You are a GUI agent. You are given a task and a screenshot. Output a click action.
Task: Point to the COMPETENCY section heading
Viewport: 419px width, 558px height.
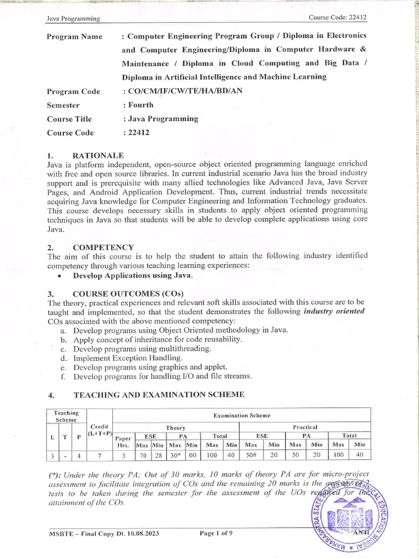[104, 247]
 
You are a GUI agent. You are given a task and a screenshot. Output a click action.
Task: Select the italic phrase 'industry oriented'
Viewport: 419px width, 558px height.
[334, 311]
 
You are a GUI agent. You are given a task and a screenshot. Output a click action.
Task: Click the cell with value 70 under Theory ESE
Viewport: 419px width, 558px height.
[142, 456]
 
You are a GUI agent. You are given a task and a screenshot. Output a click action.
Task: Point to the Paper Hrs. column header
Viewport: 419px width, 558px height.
[123, 440]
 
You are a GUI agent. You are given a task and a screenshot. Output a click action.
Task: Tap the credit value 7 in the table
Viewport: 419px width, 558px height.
[99, 456]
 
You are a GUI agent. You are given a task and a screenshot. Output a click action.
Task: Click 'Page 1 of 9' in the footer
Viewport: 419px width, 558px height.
[216, 533]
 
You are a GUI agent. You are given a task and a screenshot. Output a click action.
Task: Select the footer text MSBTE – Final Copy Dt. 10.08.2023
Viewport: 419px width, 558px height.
[104, 533]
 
